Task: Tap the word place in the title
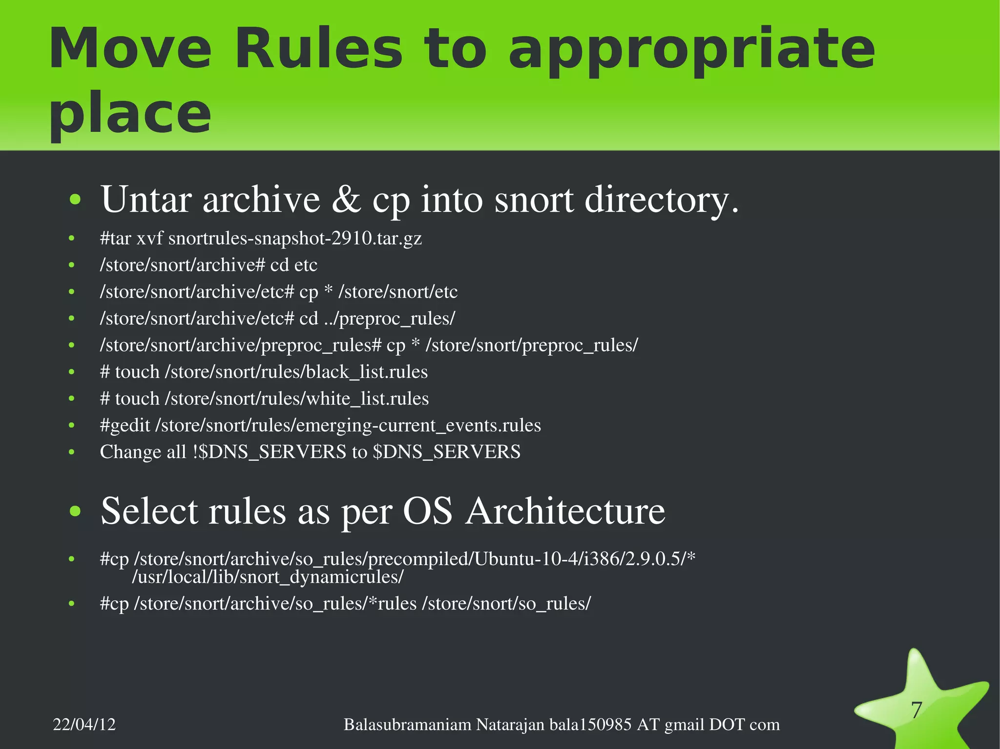130,114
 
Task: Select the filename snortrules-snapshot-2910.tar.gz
295,238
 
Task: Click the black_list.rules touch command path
296,372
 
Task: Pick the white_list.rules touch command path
296,399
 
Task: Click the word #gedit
125,425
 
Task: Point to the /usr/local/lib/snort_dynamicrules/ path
268,577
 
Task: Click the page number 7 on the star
917,709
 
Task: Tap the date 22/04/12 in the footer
84,725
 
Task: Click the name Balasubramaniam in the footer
407,725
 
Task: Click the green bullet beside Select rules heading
75,511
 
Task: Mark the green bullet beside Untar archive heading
75,200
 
